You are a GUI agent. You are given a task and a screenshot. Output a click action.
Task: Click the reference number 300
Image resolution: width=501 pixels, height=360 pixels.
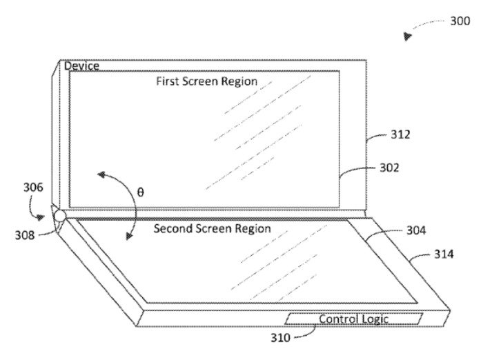(460, 21)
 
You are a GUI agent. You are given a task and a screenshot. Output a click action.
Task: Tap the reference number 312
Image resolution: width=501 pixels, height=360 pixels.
(400, 134)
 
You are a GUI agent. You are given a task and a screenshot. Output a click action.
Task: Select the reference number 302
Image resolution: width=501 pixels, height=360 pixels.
(389, 168)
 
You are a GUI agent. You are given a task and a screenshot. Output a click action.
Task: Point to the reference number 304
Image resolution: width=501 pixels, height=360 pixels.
(416, 230)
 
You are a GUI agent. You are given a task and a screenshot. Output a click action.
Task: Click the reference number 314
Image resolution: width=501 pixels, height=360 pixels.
(444, 254)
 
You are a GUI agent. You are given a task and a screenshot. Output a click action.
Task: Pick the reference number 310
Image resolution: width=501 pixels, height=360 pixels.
(281, 338)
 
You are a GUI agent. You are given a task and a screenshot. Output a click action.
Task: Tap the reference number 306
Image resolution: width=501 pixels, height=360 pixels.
(33, 187)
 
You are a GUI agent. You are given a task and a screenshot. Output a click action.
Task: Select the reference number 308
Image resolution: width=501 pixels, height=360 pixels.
(25, 235)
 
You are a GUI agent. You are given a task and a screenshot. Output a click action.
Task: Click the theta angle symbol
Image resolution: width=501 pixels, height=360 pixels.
(141, 192)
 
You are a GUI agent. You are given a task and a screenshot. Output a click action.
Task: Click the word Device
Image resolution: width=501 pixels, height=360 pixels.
(82, 66)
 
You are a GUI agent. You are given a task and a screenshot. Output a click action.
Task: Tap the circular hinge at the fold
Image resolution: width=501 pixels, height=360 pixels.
(59, 217)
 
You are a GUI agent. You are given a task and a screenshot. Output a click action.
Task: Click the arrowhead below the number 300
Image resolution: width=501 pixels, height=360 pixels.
(407, 36)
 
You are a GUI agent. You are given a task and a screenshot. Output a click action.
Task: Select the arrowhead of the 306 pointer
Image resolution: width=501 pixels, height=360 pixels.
(40, 218)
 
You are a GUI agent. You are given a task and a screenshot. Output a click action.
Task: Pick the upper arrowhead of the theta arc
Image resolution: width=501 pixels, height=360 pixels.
(101, 174)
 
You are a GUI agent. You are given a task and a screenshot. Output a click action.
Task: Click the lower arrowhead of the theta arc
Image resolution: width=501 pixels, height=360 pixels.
(129, 236)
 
